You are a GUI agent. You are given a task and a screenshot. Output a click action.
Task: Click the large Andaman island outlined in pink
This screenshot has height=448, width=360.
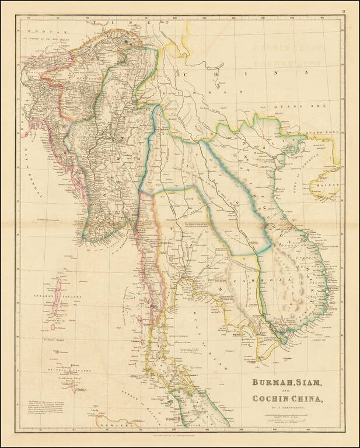click(x=58, y=294)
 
